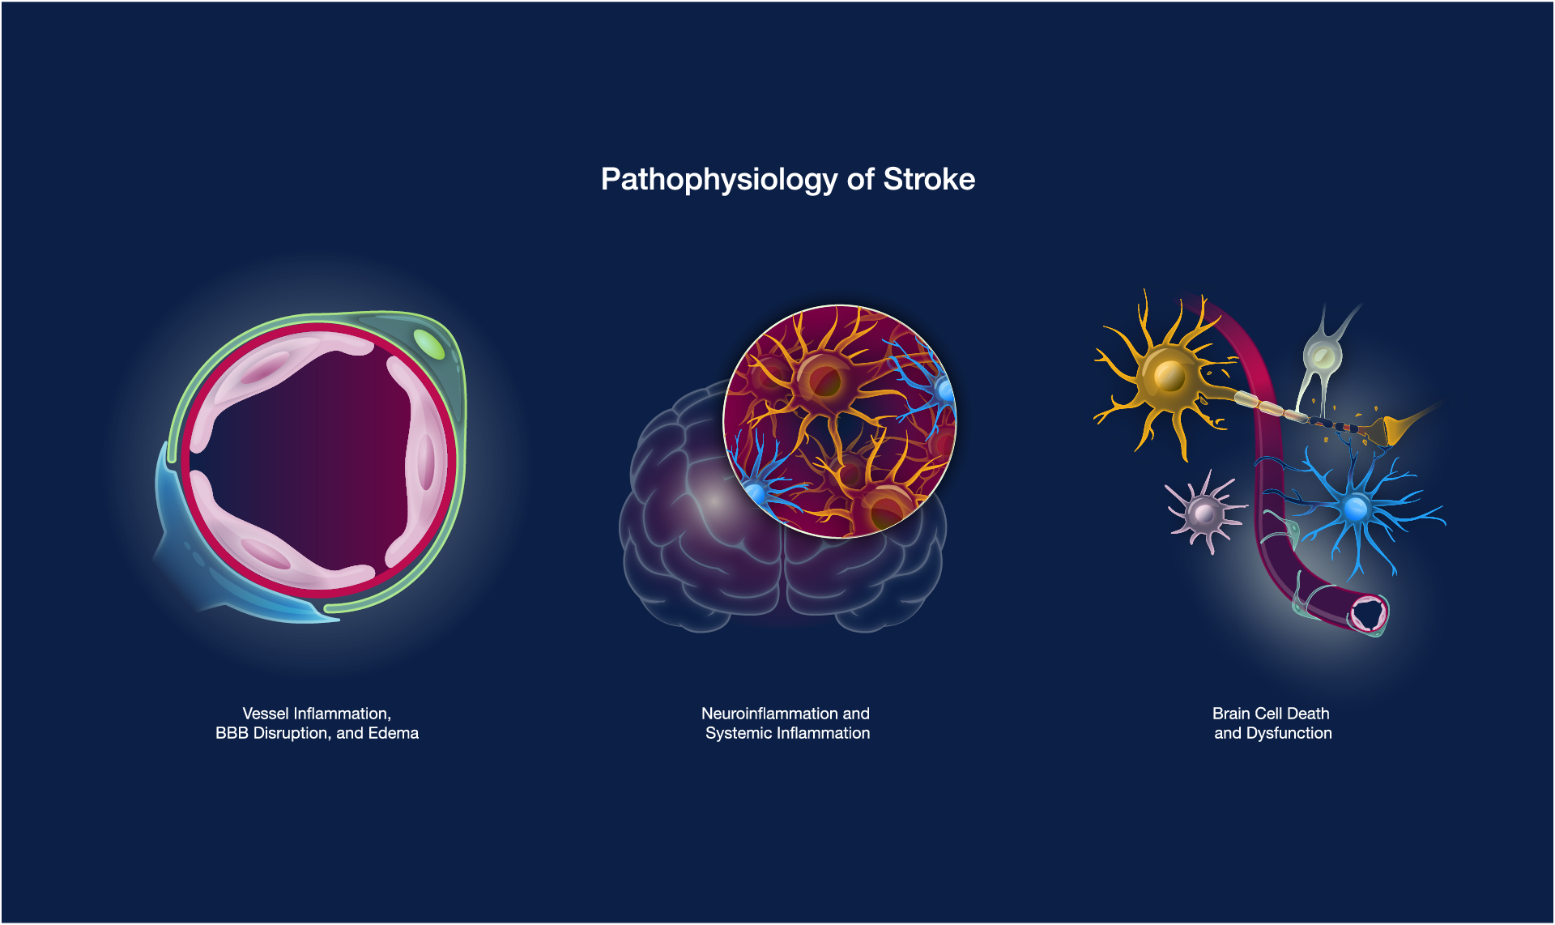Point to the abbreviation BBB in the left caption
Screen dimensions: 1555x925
pos(232,733)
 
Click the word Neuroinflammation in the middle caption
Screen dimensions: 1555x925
pos(769,714)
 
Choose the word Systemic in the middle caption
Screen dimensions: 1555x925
pos(739,733)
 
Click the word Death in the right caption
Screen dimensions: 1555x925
pos(1308,714)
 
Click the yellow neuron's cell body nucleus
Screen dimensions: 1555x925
pos(1169,375)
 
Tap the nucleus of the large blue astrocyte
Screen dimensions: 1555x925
pos(1355,509)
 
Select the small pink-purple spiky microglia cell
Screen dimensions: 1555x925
pos(1204,512)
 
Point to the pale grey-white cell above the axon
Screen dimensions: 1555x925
pos(1322,355)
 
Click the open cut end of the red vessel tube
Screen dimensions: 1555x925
pos(1369,614)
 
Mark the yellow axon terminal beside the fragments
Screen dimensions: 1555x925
pos(1396,428)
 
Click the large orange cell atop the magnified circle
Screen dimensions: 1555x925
pos(823,378)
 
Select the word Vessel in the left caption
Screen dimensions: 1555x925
pos(266,714)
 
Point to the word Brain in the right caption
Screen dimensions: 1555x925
pos(1231,714)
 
